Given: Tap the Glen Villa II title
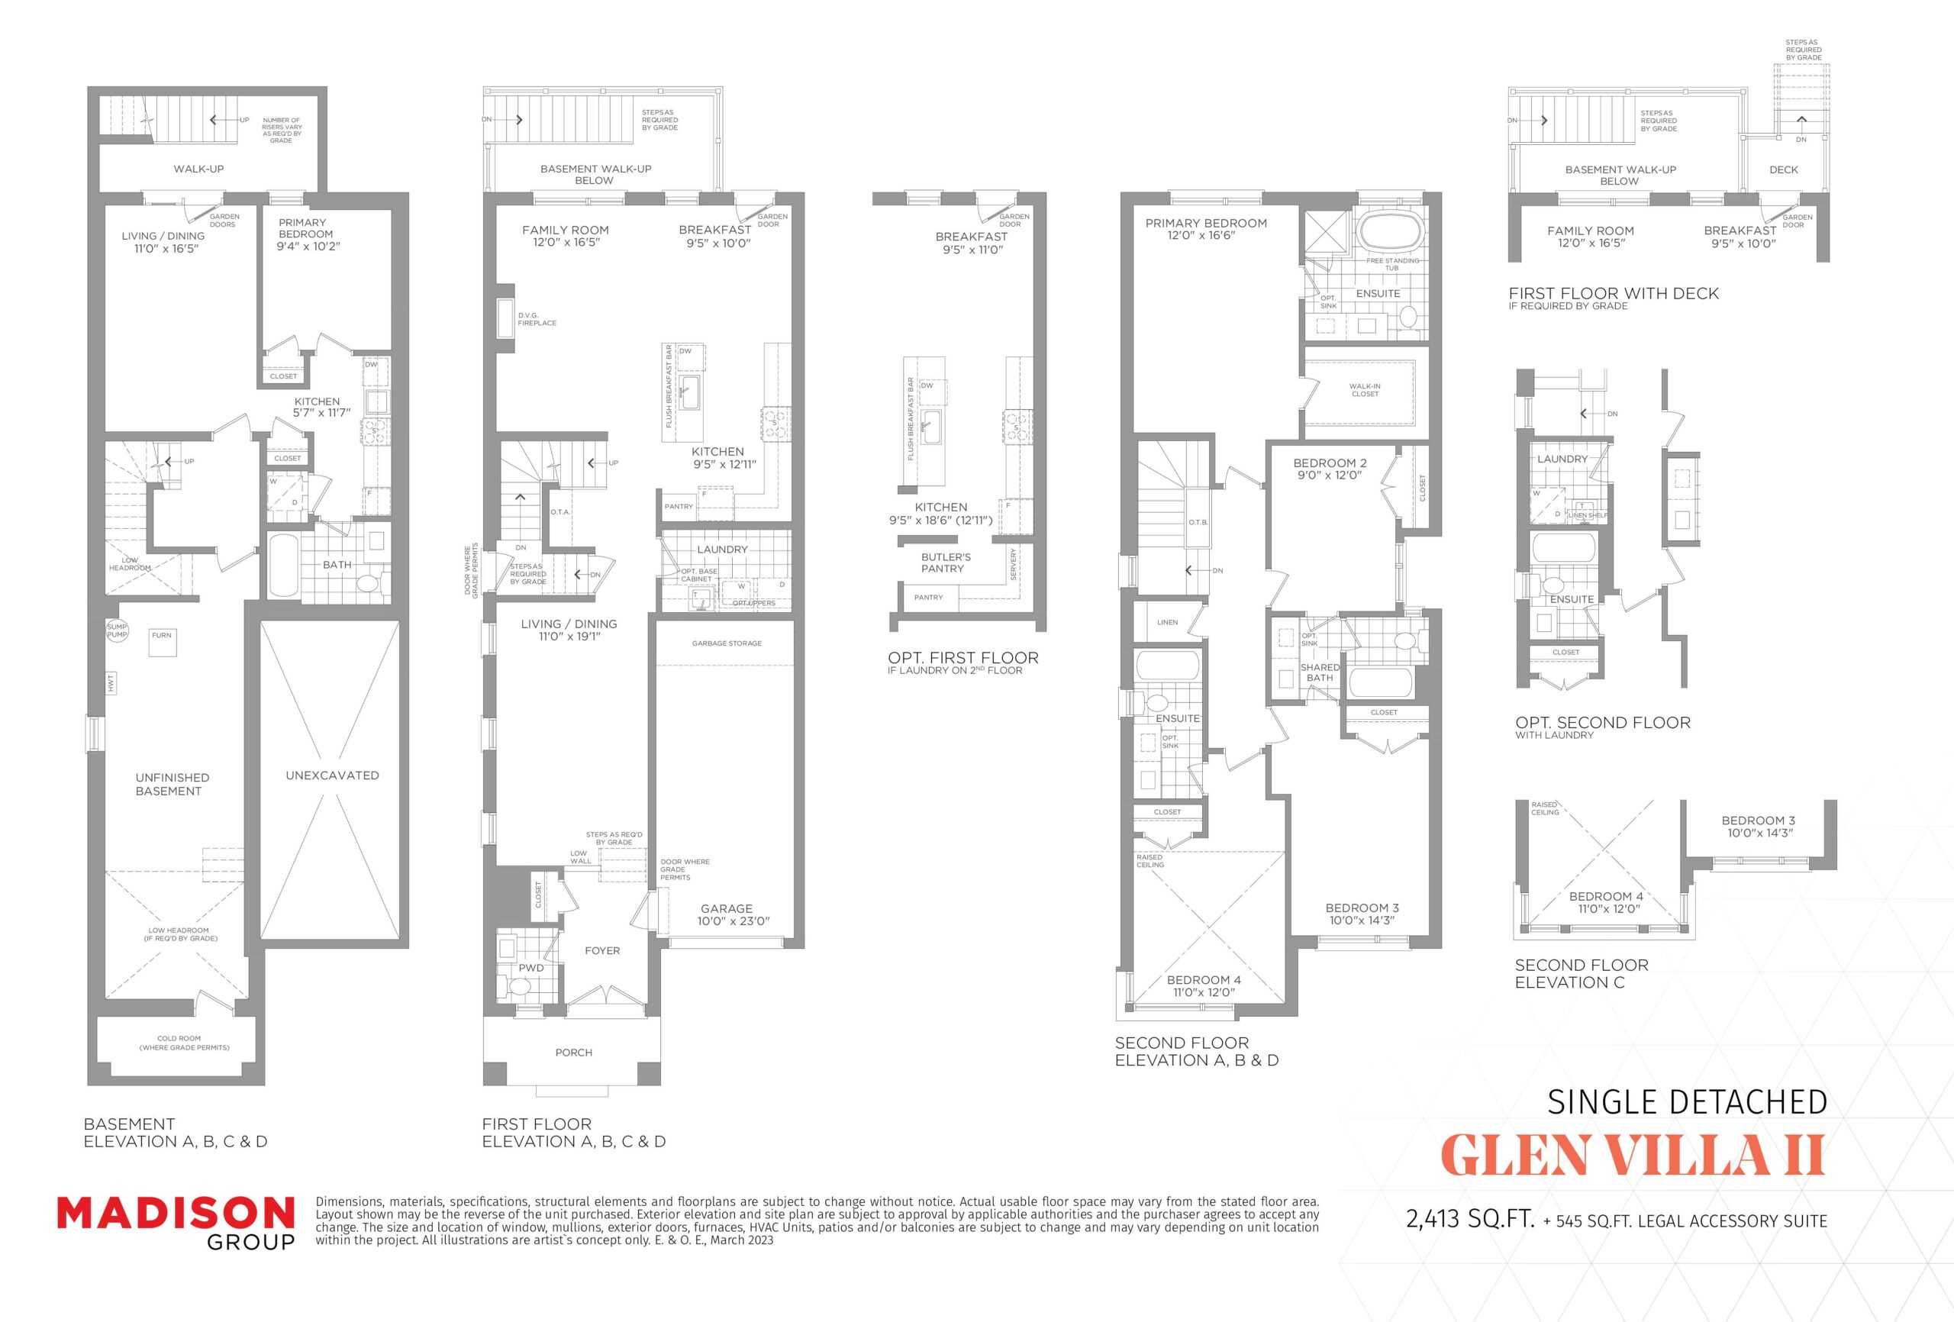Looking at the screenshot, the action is click(1633, 1156).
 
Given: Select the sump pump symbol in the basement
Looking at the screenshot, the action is click(117, 630).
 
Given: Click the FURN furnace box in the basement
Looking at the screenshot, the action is click(163, 642).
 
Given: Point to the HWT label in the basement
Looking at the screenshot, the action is click(110, 684).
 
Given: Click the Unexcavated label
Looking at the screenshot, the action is click(332, 775).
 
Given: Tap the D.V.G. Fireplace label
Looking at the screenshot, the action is click(537, 320).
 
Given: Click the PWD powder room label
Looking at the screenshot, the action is click(530, 968).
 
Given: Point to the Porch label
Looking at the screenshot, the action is click(573, 1053).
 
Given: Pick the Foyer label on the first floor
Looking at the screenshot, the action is click(602, 951).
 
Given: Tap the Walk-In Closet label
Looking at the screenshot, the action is click(1365, 390).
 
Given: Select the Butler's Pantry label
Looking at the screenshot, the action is click(945, 563).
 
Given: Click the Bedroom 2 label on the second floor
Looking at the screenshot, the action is click(1330, 469).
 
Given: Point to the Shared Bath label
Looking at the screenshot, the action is click(1319, 672).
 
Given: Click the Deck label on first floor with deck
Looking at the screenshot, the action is click(1783, 170).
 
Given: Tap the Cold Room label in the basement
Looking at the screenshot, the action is click(184, 1043).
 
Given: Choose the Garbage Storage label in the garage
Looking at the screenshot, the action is click(727, 643).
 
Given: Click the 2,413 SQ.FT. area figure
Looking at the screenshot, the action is click(1471, 1220).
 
